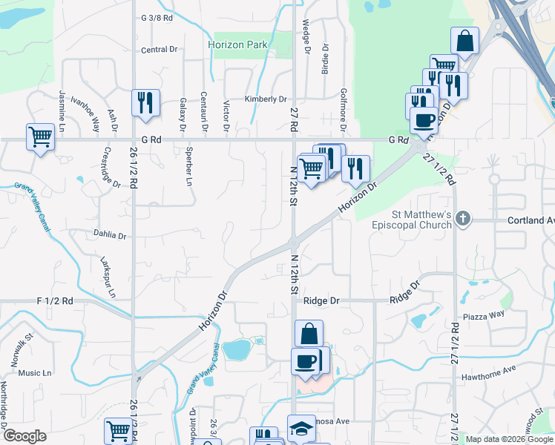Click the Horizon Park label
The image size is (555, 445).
click(x=237, y=45)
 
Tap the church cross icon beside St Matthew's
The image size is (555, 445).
click(x=463, y=218)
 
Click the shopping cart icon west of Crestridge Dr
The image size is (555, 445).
click(x=40, y=136)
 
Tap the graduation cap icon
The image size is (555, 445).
click(x=301, y=428)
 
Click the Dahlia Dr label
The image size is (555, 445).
click(x=111, y=235)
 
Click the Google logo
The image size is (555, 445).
click(x=24, y=436)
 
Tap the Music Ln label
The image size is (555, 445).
click(x=35, y=373)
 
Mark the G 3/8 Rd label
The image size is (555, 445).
click(x=157, y=16)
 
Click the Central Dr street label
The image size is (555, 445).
click(x=159, y=50)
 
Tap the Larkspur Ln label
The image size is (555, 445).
click(x=108, y=277)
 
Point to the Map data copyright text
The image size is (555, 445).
click(x=509, y=439)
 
